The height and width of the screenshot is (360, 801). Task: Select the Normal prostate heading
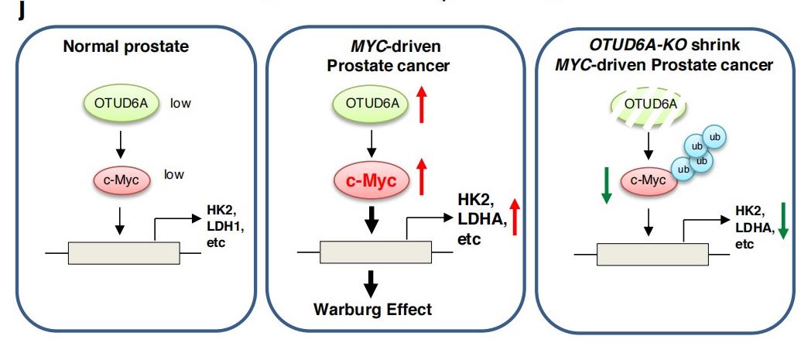click(125, 46)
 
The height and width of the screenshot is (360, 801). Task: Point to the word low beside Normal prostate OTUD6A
click(181, 102)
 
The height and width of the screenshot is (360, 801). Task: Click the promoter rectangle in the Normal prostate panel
click(124, 253)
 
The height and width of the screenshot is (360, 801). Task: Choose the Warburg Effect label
click(372, 310)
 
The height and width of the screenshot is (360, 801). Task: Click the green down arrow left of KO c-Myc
click(605, 187)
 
